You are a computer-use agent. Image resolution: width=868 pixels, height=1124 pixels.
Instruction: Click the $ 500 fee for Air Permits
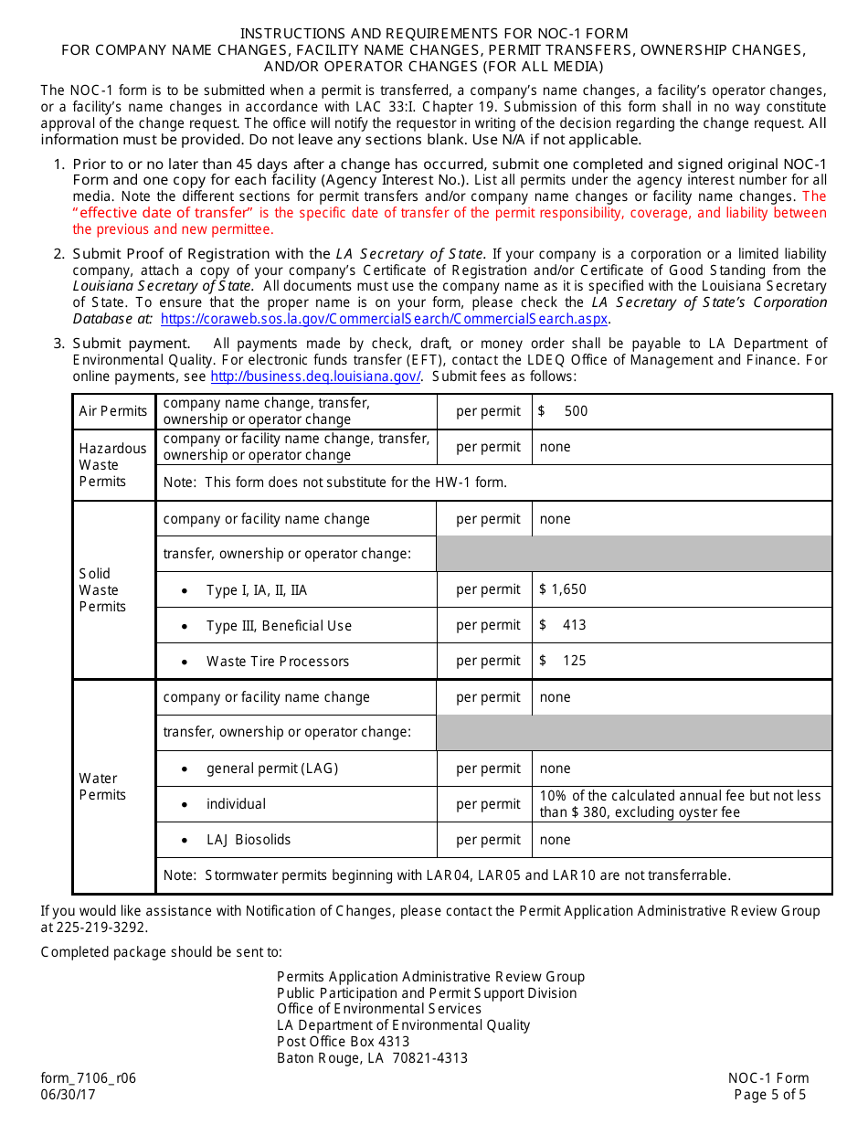pos(564,411)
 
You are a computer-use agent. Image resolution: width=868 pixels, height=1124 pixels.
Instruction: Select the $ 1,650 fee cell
pos(563,589)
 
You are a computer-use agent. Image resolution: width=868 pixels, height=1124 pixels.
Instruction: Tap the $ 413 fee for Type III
pos(563,625)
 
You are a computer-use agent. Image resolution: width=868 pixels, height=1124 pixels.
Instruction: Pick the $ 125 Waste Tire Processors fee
pos(563,661)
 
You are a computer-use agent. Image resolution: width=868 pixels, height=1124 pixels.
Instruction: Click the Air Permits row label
pos(113,411)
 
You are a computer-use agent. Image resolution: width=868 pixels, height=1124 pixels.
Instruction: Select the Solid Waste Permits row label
pos(102,589)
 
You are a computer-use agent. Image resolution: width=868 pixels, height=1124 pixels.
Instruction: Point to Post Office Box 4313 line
pos(344,1042)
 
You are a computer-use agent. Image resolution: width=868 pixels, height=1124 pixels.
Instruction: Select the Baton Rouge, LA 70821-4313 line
pos(372,1058)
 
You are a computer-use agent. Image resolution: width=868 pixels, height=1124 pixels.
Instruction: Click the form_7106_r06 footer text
pos(89,1077)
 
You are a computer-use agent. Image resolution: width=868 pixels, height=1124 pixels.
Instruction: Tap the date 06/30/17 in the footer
pos(68,1095)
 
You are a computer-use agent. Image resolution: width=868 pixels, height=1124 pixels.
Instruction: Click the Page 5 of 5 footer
pos(770,1095)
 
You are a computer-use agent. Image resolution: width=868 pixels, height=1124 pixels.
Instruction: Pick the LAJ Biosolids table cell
pos(249,840)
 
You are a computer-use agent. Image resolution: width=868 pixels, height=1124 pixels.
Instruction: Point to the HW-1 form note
pos(334,482)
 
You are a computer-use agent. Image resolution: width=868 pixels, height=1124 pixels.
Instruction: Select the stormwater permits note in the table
pos(447,875)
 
